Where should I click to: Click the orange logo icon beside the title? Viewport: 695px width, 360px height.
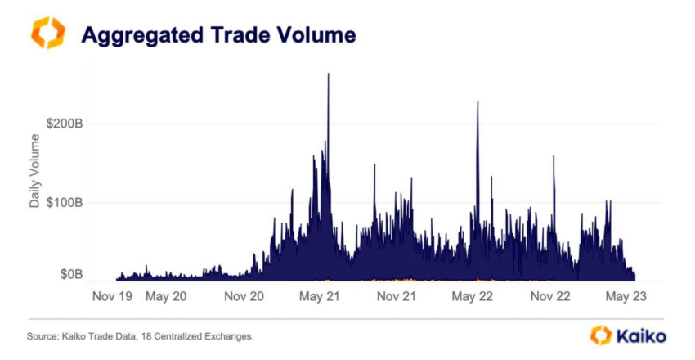point(47,33)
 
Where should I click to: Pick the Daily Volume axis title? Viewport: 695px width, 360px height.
point(35,173)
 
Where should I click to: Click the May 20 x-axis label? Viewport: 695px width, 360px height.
point(166,297)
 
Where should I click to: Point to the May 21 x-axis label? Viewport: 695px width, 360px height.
point(319,297)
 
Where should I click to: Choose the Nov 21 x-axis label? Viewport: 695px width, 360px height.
point(397,297)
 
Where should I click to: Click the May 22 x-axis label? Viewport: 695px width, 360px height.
point(473,297)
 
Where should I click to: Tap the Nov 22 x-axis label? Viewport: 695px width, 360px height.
point(549,297)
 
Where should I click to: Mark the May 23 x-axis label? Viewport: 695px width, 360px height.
point(626,297)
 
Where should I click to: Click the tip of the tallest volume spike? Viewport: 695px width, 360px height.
point(328,74)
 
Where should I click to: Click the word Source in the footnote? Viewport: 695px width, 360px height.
point(42,336)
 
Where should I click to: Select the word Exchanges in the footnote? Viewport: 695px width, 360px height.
point(231,336)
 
